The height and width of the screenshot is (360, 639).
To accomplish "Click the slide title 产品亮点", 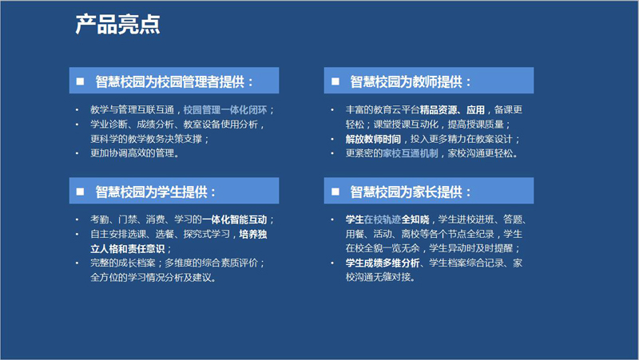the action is pos(117,25).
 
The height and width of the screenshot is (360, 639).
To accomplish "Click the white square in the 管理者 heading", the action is pos(81,81).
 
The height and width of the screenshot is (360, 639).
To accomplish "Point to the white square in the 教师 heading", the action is pos(335,81).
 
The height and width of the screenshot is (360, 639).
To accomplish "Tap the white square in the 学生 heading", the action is pos(81,192).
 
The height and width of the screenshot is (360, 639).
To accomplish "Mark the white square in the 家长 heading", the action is pos(335,192).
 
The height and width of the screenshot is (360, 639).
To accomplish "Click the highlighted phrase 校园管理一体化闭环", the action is pos(225,110).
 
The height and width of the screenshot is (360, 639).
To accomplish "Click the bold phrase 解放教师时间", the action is pos(373,139).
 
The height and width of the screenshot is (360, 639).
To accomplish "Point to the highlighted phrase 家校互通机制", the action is pos(411,153).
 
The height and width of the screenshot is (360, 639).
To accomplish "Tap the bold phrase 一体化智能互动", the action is pos(234,220).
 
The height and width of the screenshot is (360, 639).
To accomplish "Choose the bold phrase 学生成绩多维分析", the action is pos(383,263).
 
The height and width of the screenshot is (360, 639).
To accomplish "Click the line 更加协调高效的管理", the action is pos(134,153).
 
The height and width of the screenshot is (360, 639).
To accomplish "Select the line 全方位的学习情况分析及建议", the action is pos(153,278).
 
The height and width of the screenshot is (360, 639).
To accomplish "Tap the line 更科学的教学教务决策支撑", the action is pos(149,139).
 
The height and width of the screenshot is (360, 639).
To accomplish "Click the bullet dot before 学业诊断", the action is pos(77,125).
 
